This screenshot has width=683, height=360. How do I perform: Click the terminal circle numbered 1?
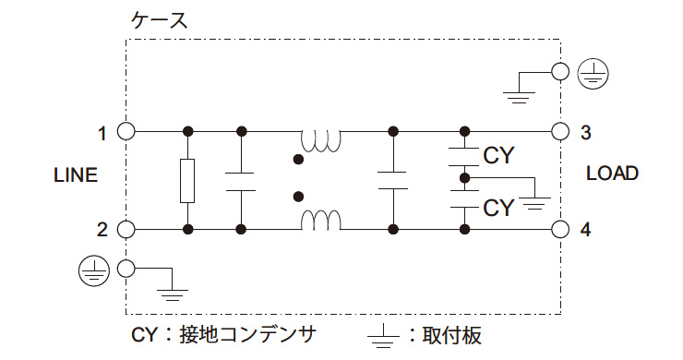point(126,132)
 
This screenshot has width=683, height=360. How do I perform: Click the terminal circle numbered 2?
point(126,229)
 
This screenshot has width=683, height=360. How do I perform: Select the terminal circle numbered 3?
point(559,132)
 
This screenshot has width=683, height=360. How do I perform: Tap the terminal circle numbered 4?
point(559,229)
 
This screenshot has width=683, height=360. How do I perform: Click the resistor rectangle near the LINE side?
point(188,180)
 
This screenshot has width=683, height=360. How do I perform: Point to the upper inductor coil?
point(322,140)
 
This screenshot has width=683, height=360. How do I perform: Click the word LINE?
point(76,174)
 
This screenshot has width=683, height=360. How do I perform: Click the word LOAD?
point(612,174)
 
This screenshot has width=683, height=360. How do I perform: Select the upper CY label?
point(498,155)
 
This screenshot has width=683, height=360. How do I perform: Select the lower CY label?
point(498,207)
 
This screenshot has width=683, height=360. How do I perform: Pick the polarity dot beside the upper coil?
point(297,160)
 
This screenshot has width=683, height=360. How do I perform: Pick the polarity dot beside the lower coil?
point(297,197)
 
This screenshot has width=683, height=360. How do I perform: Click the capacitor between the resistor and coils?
point(241,180)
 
